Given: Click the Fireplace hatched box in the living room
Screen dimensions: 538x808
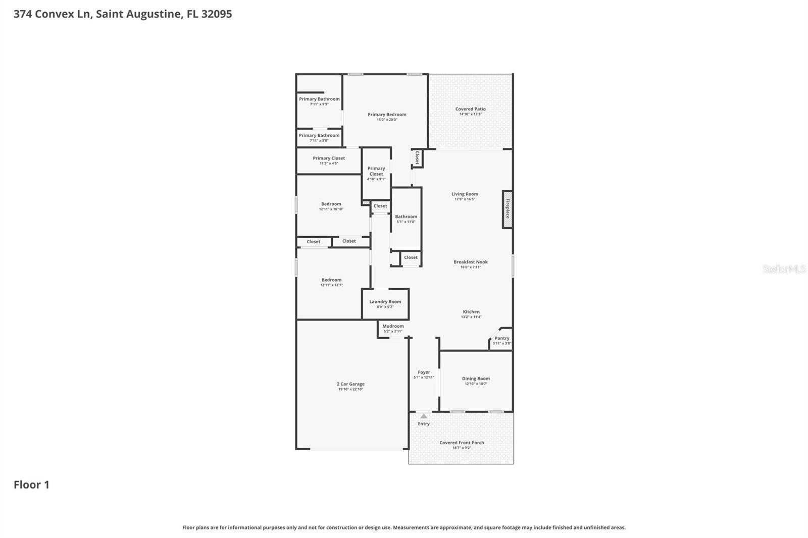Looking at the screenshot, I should pyautogui.click(x=508, y=209).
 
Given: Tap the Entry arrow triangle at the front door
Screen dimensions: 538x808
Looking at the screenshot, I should pyautogui.click(x=424, y=416).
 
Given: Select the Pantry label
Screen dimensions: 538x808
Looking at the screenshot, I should pyautogui.click(x=502, y=338).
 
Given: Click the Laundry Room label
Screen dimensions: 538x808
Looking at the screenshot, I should pyautogui.click(x=385, y=302).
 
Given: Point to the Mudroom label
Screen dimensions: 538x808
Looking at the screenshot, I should pyautogui.click(x=393, y=326).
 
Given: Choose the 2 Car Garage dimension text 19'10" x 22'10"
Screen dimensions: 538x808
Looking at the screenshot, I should pyautogui.click(x=350, y=389).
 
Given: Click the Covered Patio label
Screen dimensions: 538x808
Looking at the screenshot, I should pyautogui.click(x=470, y=109).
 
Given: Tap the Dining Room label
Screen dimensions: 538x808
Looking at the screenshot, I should pyautogui.click(x=476, y=379).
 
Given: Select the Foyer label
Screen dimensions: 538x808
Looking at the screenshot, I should pyautogui.click(x=424, y=372).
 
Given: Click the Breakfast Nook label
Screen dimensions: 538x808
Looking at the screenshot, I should pyautogui.click(x=470, y=262).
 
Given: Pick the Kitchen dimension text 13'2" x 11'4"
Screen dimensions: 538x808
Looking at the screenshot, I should pyautogui.click(x=471, y=317).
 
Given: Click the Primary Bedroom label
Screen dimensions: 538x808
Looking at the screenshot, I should pyautogui.click(x=387, y=115).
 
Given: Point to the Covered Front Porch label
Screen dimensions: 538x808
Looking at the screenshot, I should pyautogui.click(x=462, y=443).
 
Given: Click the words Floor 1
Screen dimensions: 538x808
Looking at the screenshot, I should pyautogui.click(x=31, y=485).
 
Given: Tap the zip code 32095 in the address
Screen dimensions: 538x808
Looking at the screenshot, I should pyautogui.click(x=216, y=14).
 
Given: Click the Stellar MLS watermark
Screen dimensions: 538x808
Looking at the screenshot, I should pyautogui.click(x=783, y=269).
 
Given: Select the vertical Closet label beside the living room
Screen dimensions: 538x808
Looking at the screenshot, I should pyautogui.click(x=417, y=158).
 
